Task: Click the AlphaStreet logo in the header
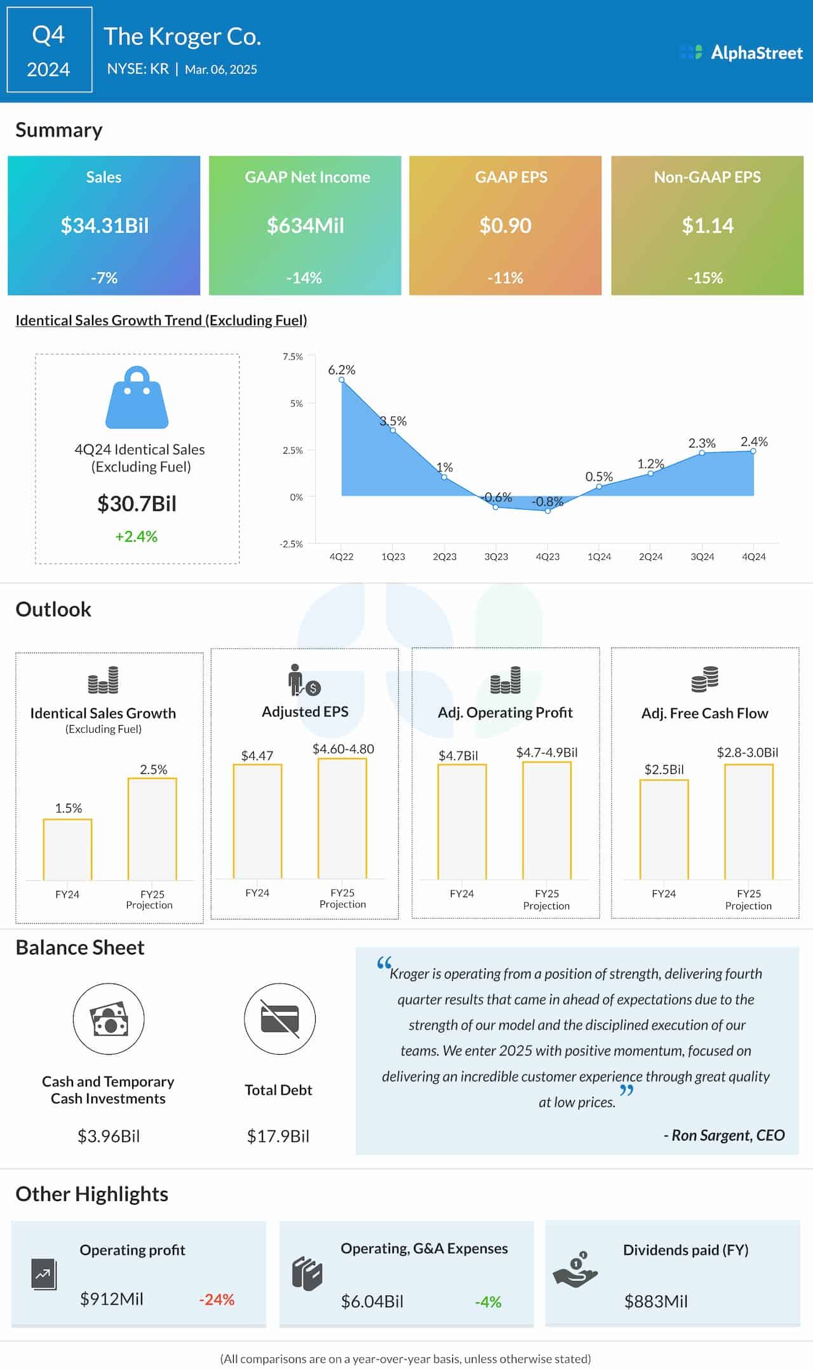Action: (x=741, y=52)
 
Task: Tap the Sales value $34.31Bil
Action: (x=104, y=226)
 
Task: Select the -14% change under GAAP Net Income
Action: (x=304, y=278)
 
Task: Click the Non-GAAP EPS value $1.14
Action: (x=707, y=226)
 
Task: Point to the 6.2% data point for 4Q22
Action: (x=342, y=380)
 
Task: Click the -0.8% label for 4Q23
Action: (x=547, y=501)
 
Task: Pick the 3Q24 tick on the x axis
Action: (x=702, y=556)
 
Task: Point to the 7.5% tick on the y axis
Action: (x=293, y=356)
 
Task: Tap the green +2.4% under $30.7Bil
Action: (x=136, y=536)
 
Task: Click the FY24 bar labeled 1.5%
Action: (x=67, y=849)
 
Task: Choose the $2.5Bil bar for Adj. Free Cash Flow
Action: (x=664, y=829)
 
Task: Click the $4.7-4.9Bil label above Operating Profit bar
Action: (x=546, y=752)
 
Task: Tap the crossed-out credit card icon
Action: (x=279, y=1019)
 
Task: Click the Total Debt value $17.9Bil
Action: (x=278, y=1136)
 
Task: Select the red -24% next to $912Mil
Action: (x=217, y=1299)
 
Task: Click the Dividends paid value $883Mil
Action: (x=655, y=1301)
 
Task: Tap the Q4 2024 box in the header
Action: (x=49, y=51)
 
